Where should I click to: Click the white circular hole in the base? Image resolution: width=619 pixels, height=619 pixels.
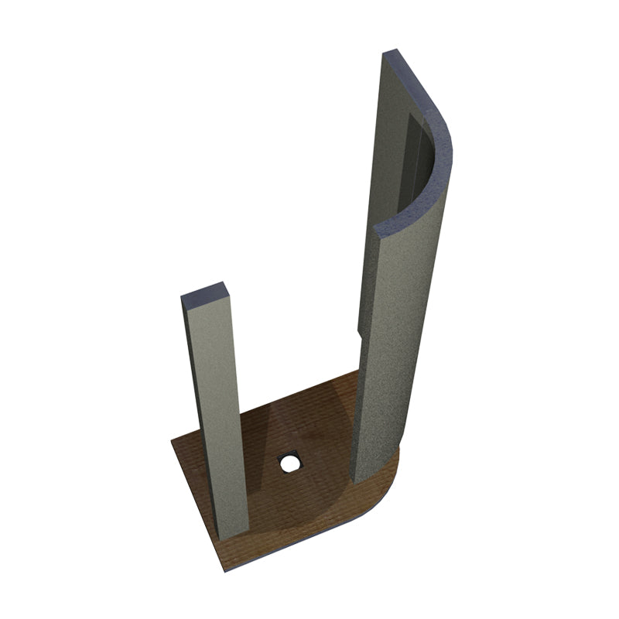pyautogui.click(x=289, y=463)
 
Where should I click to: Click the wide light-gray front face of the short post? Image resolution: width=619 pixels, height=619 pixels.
pyautogui.click(x=221, y=418)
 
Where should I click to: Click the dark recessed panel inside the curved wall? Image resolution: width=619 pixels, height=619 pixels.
pyautogui.click(x=416, y=162)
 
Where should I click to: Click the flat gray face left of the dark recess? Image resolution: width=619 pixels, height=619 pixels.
pyautogui.click(x=391, y=155)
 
